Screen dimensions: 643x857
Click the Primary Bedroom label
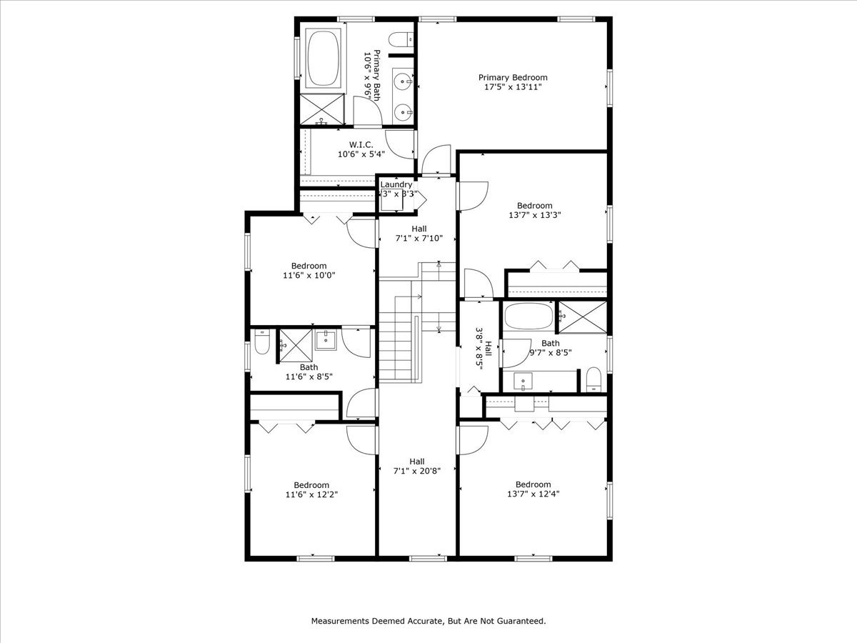(513, 82)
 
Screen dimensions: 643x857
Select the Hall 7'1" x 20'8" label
(418, 466)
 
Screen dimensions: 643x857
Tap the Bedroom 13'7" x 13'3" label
(534, 210)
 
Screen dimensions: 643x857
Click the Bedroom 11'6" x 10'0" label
(309, 270)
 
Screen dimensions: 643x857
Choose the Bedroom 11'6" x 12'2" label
(311, 489)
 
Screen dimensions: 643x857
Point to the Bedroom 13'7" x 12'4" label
(533, 488)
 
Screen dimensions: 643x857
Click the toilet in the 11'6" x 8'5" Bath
(261, 344)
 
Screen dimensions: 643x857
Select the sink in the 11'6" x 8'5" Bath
(326, 339)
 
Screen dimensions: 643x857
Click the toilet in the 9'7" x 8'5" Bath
(593, 380)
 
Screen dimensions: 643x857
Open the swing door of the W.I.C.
(401, 144)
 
